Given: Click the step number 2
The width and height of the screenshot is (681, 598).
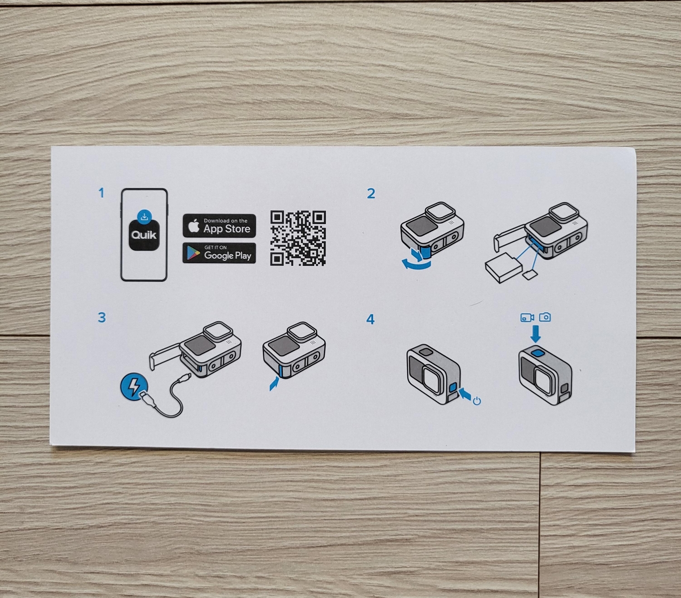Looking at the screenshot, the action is [371, 194].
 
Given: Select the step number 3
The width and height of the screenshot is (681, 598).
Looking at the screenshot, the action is [102, 317].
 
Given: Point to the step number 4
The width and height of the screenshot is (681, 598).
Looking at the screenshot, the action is [370, 319].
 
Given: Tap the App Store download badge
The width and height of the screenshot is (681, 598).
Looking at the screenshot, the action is [219, 225].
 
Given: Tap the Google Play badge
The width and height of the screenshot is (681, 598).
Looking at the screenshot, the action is [219, 253].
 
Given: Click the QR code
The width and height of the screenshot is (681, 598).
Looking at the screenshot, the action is [298, 238].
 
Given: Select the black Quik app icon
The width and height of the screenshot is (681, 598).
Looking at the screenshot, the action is [144, 235].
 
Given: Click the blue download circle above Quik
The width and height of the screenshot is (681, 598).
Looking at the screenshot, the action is [144, 217].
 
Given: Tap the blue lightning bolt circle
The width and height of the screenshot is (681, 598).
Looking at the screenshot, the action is [134, 386].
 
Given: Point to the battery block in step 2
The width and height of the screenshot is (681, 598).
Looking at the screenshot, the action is [503, 268].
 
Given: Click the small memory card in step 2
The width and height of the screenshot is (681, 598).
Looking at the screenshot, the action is [530, 275].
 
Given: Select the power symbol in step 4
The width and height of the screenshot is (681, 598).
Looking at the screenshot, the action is [477, 401].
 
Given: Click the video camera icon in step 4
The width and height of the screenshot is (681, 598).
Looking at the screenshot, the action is [527, 317].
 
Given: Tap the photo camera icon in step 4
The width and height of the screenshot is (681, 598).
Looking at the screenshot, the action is [545, 317].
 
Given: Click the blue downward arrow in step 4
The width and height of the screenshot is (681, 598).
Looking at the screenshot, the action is [535, 333].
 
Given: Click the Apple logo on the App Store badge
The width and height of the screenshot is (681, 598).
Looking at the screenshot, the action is [193, 225].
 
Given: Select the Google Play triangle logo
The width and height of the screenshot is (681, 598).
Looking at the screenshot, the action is [193, 253].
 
